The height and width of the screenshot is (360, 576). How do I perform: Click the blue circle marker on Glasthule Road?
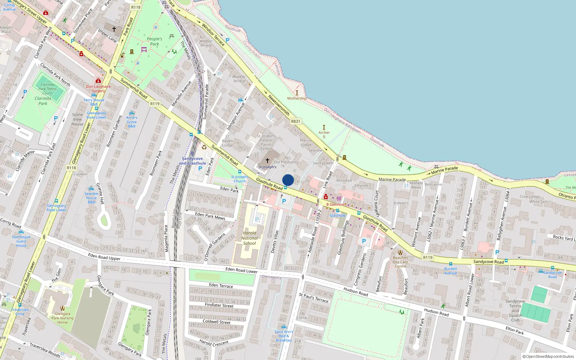click(x=288, y=180)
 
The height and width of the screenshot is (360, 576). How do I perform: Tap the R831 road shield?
click(x=295, y=122)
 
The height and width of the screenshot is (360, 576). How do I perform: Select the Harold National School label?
click(x=249, y=238)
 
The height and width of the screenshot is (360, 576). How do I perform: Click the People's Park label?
click(x=154, y=41)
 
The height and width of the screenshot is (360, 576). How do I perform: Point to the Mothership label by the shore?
click(x=297, y=98)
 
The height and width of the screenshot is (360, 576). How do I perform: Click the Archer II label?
click(x=324, y=134)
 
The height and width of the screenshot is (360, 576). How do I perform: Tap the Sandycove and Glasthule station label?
click(x=192, y=161)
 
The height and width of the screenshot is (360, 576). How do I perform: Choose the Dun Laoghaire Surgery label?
click(x=98, y=89)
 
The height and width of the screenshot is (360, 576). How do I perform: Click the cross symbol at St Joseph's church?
click(x=267, y=161)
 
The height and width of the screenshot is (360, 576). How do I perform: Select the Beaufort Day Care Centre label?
click(x=400, y=262)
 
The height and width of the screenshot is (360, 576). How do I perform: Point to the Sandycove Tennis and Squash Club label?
click(x=515, y=310)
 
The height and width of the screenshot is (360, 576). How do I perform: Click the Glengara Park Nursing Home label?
click(x=62, y=318)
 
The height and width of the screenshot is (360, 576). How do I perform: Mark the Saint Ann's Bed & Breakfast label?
click(x=284, y=336)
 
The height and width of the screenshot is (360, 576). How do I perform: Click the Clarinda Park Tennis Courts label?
click(x=48, y=89)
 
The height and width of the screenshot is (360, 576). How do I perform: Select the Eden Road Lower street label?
click(x=241, y=270)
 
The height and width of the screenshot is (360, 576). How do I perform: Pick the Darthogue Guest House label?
click(x=21, y=241)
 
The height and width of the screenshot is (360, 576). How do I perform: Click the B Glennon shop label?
click(x=335, y=204)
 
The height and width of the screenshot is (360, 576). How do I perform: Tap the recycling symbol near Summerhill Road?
click(x=204, y=147)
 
